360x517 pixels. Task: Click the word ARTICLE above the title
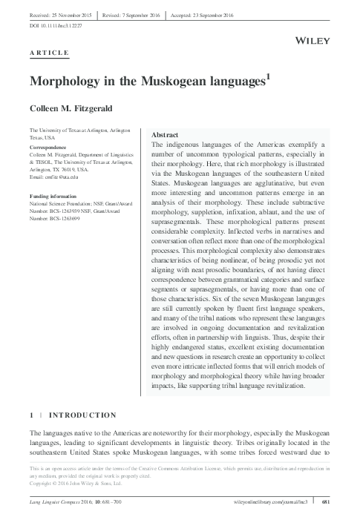pyautogui.click(x=50, y=53)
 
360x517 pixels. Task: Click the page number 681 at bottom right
pyautogui.click(x=327, y=504)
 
